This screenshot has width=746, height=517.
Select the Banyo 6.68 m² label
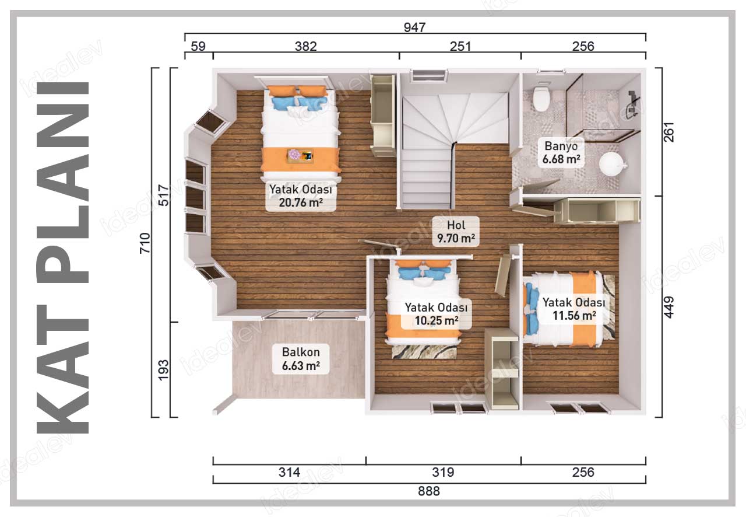click(561, 153)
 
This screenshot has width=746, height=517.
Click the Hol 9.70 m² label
click(456, 232)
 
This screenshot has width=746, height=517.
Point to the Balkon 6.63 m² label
click(301, 359)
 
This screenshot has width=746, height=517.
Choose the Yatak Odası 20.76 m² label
click(301, 196)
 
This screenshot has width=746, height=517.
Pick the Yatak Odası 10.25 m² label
click(437, 314)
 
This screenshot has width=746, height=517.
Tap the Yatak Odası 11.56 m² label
click(574, 309)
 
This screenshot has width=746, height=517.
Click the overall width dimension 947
click(414, 27)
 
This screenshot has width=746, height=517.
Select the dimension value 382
click(306, 46)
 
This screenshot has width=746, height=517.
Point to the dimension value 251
click(460, 46)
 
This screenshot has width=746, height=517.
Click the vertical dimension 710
click(145, 243)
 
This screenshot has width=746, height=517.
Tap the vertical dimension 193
click(164, 370)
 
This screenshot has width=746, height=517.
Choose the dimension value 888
click(429, 491)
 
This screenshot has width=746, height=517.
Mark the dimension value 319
click(443, 472)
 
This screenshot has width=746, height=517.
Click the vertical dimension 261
click(668, 132)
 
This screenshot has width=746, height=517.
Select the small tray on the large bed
click(300, 156)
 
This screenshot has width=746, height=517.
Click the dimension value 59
click(198, 46)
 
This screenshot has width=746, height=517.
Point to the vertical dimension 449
click(668, 307)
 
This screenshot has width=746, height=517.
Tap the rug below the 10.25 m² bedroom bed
click(424, 351)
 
